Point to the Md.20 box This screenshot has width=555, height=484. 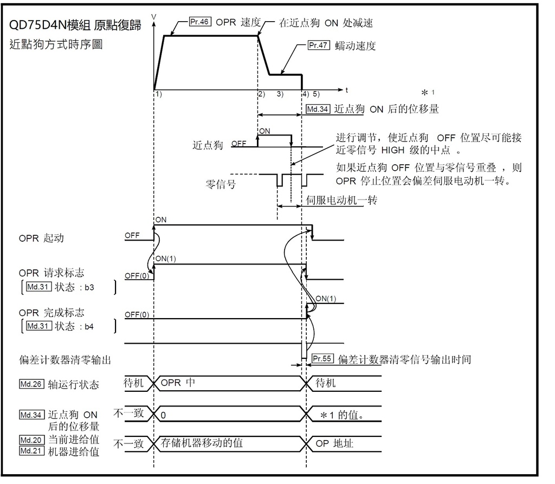(29, 440)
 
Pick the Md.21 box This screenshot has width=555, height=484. (29, 451)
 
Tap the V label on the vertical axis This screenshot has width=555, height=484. (154, 17)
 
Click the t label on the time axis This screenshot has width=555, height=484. (346, 88)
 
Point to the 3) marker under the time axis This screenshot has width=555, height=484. (280, 94)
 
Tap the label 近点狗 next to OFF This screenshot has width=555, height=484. (208, 145)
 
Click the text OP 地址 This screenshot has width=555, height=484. (334, 443)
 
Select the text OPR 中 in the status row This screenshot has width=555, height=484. (178, 383)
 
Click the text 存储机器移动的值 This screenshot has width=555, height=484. (202, 443)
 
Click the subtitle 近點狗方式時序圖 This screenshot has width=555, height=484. (56, 44)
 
